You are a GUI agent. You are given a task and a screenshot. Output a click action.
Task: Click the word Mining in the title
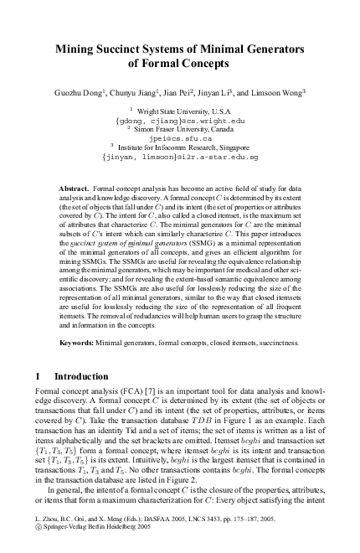[76, 49]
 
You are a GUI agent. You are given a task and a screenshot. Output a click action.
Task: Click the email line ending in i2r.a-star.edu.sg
[180, 156]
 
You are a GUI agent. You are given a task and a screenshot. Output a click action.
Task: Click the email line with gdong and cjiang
[180, 121]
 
